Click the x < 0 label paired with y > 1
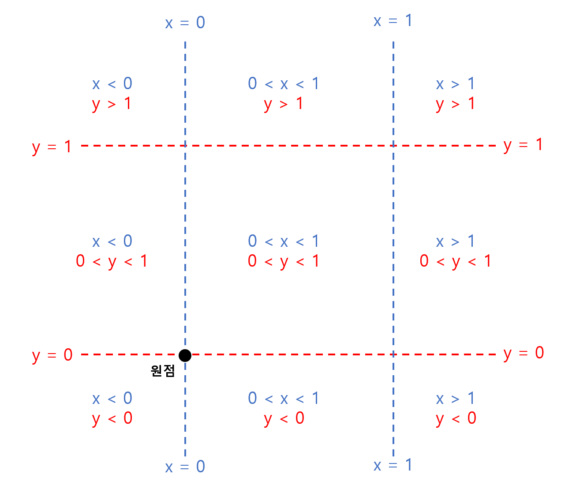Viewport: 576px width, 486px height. [112, 84]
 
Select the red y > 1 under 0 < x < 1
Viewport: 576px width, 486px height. [284, 104]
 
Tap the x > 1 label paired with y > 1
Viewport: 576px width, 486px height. [455, 84]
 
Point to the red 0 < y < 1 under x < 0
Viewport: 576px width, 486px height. [112, 261]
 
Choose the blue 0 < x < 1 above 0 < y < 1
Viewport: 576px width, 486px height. [284, 241]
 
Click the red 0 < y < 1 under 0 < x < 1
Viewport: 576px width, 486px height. [284, 261]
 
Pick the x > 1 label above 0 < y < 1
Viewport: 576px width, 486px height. [455, 241]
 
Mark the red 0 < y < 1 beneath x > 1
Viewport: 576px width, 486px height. [456, 261]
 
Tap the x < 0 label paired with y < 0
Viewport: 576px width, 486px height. [112, 399]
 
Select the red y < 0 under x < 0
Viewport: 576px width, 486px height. [112, 418]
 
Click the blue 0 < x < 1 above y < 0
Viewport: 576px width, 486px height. [284, 399]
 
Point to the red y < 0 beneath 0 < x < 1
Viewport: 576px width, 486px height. [284, 418]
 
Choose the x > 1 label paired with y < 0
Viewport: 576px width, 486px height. [455, 399]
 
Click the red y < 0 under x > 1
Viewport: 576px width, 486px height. [456, 418]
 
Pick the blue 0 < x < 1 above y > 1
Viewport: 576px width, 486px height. [284, 84]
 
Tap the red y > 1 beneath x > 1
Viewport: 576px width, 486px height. [455, 104]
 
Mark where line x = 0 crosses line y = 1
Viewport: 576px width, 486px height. [185, 146]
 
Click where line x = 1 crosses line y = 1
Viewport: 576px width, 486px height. [393, 146]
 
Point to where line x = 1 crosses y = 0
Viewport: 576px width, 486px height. [393, 354]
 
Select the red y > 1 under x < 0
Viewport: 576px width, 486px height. [112, 104]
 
